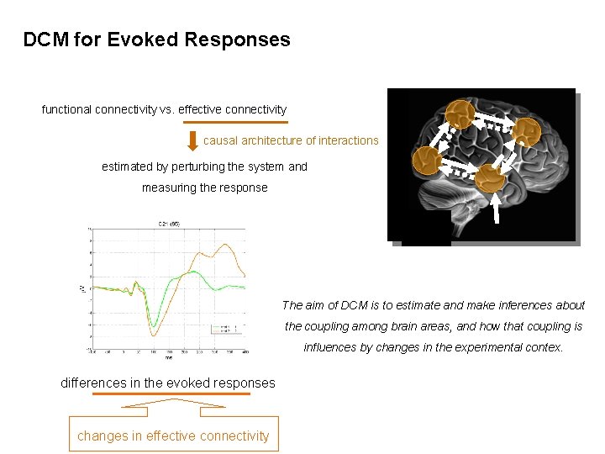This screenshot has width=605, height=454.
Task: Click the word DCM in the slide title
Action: point(45,40)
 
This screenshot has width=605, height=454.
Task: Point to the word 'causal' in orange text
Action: point(221,140)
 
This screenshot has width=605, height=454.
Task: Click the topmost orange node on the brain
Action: point(460,115)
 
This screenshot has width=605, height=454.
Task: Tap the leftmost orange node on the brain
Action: point(428,160)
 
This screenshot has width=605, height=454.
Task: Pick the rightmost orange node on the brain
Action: point(527,131)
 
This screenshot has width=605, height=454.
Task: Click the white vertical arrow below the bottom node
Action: point(497,209)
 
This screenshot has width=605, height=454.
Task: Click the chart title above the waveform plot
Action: point(169,224)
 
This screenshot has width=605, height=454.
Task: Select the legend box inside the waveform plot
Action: point(228,329)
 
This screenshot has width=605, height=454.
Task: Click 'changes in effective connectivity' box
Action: point(173,435)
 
